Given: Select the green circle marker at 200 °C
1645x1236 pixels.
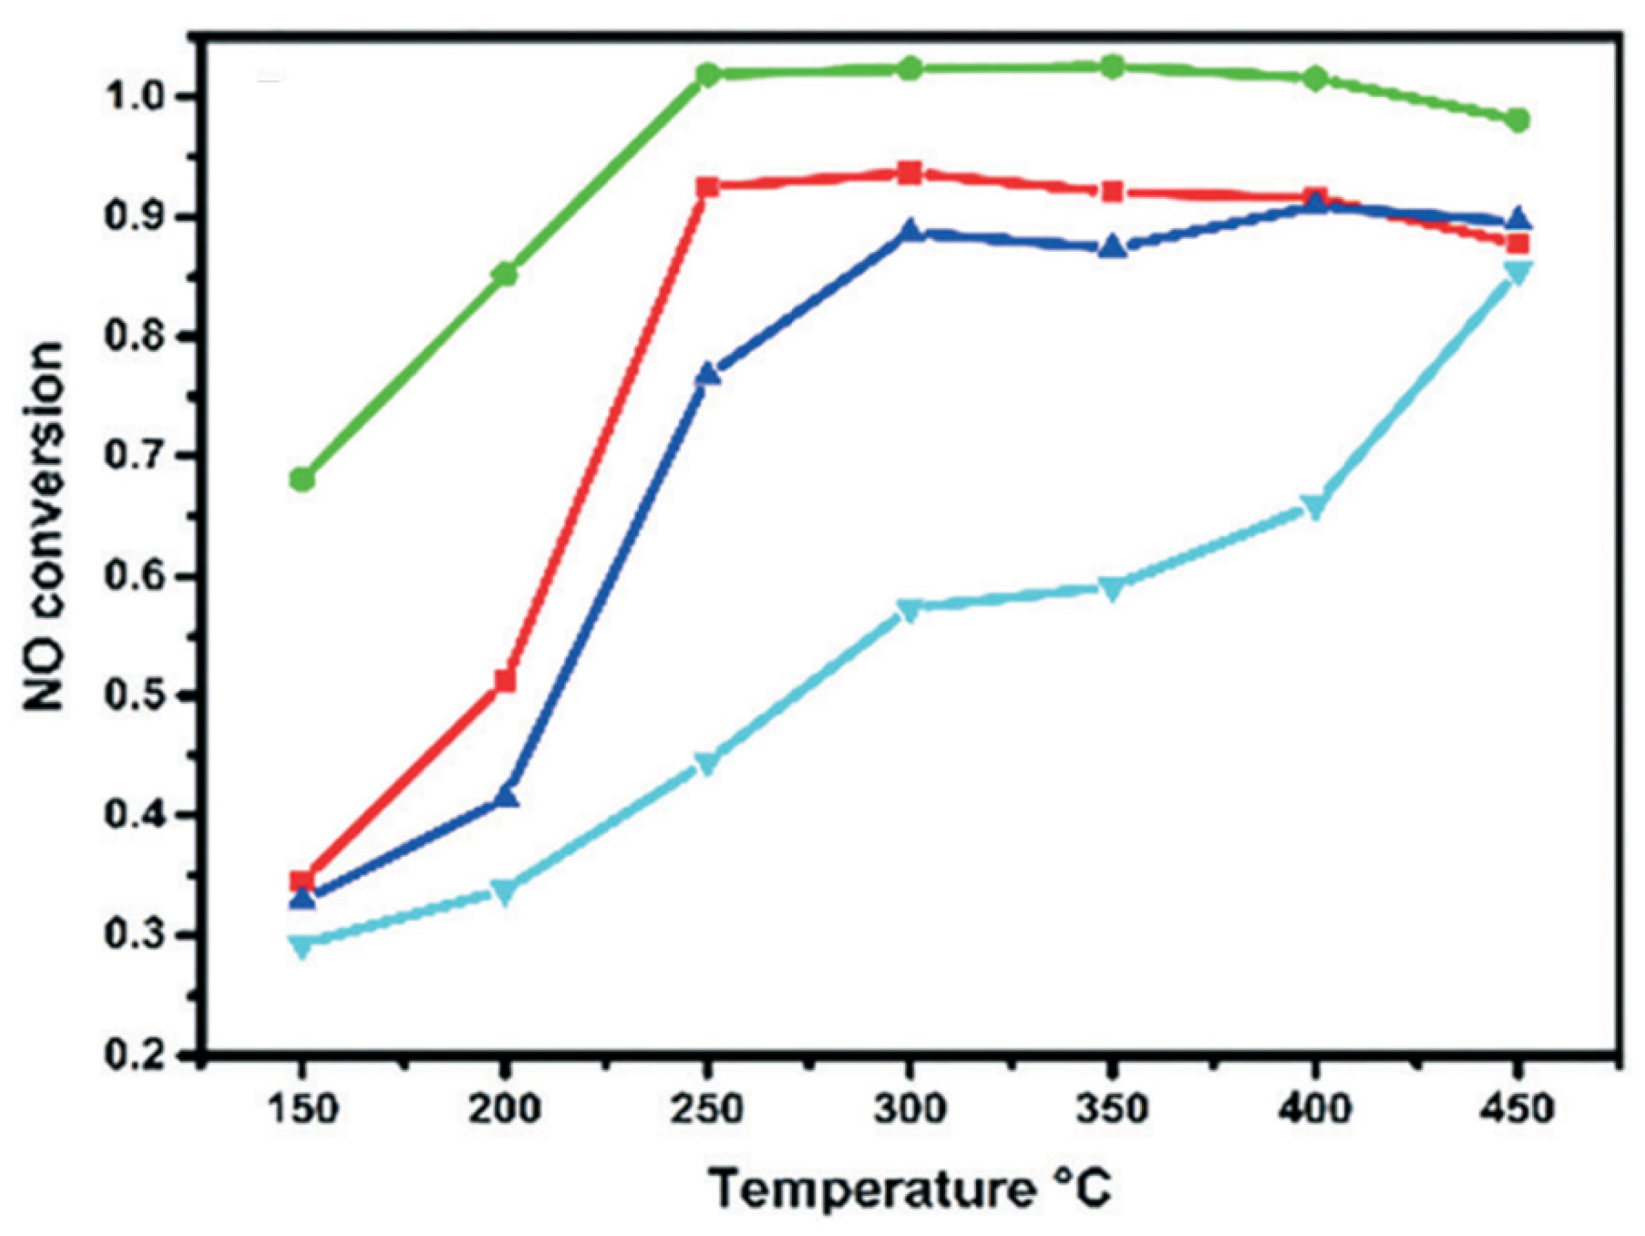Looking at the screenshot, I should [x=505, y=273].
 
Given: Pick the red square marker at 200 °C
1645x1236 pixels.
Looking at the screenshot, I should [x=505, y=680].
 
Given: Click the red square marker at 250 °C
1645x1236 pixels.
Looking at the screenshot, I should [x=708, y=186].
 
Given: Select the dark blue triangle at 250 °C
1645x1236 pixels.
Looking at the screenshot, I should [x=708, y=374].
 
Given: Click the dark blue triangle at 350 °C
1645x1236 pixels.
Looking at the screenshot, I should [x=1112, y=247].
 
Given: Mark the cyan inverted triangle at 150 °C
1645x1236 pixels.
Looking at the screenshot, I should [x=302, y=947].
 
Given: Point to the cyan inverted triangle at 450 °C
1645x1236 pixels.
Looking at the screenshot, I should [x=1518, y=273].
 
